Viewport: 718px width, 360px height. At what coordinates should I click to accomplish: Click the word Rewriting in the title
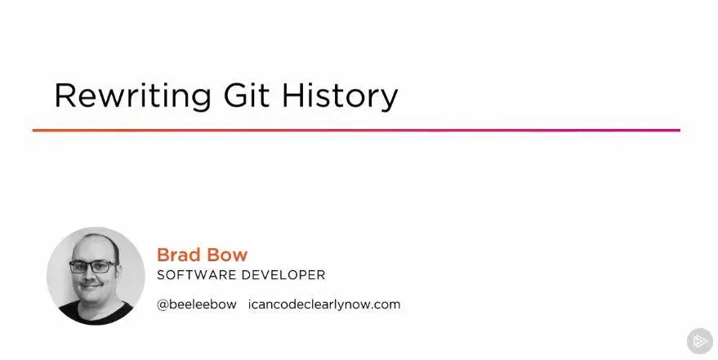click(x=133, y=96)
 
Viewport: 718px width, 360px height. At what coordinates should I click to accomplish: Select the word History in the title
click(x=340, y=96)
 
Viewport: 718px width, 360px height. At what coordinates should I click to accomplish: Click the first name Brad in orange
click(x=178, y=255)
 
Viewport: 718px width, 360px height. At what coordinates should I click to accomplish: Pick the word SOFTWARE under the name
click(x=196, y=275)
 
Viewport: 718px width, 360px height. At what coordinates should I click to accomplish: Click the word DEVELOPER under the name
click(x=283, y=275)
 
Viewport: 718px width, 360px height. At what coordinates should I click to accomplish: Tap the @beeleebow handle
click(x=197, y=304)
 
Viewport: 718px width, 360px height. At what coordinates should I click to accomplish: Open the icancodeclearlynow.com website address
click(x=324, y=304)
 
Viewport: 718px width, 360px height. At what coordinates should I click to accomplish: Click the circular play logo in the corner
click(x=700, y=340)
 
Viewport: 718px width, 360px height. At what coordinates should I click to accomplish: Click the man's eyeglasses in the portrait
click(x=93, y=266)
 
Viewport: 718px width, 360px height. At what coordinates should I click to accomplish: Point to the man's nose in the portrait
click(x=91, y=276)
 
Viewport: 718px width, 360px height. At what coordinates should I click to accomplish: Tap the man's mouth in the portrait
click(x=91, y=287)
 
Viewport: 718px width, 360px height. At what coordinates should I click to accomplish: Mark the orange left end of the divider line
click(x=33, y=131)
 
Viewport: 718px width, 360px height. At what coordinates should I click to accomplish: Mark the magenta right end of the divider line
click(x=680, y=131)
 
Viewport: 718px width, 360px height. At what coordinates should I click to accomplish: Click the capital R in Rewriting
click(x=65, y=96)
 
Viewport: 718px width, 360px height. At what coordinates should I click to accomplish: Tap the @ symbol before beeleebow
click(x=163, y=304)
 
